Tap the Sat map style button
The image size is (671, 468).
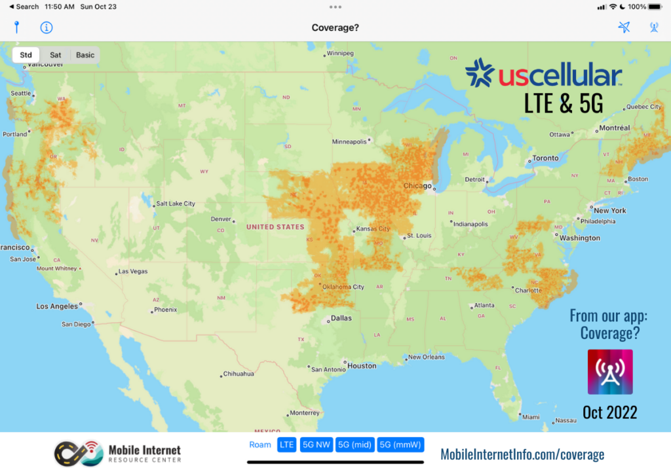[56, 55]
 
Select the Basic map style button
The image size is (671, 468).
[85, 55]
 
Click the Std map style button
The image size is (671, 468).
[26, 55]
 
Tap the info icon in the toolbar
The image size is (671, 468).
[47, 27]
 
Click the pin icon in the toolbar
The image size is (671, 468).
[17, 27]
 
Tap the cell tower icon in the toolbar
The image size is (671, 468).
[653, 27]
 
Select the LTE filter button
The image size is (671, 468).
[287, 445]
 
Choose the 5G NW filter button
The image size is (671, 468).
[316, 445]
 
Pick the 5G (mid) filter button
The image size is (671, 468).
[354, 445]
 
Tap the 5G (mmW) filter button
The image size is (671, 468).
[400, 445]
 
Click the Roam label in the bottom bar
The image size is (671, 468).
[260, 445]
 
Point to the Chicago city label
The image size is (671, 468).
[417, 186]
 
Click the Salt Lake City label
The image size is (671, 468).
[175, 204]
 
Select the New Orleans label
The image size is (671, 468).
[426, 357]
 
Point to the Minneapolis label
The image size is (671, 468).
[350, 141]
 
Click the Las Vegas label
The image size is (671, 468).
[132, 272]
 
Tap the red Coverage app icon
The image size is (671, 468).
[610, 372]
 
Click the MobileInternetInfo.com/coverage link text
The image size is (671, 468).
[522, 454]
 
